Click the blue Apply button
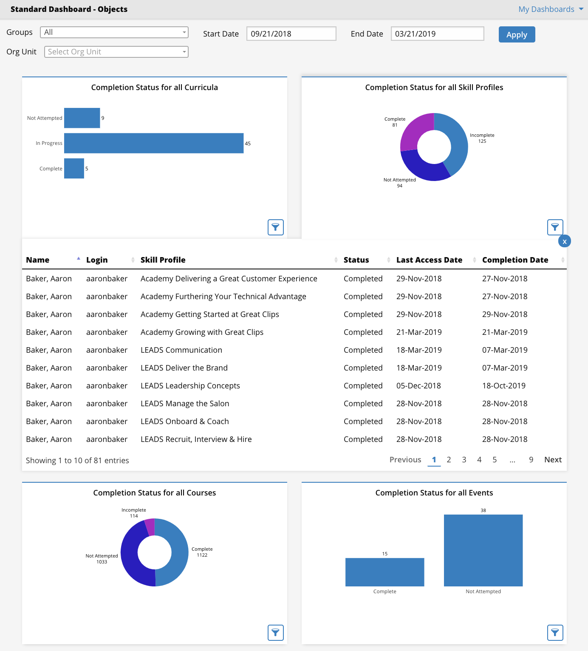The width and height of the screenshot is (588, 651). (x=517, y=34)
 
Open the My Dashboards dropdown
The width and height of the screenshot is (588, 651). (x=551, y=9)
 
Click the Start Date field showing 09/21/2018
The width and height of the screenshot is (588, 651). (x=291, y=34)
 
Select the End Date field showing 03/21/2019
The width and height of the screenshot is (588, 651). (x=437, y=34)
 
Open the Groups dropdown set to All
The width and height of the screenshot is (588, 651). (x=114, y=32)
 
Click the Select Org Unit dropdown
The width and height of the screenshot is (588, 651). (x=116, y=52)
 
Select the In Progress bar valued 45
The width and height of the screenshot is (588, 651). (x=154, y=143)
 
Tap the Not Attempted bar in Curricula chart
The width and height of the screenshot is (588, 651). (x=82, y=118)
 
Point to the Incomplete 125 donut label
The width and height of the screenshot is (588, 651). (x=482, y=138)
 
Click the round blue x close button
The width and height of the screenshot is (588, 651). (x=565, y=241)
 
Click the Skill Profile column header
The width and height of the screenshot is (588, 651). (x=163, y=260)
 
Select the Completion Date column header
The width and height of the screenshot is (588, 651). (x=515, y=260)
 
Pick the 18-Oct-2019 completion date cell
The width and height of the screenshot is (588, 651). (x=504, y=386)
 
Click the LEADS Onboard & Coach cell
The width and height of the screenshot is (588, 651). (x=185, y=422)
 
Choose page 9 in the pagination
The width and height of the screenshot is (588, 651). (x=531, y=460)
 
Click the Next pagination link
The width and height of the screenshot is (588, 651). (x=553, y=460)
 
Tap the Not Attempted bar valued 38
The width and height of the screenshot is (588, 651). (x=483, y=550)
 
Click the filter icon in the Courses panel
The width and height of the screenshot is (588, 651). (x=275, y=633)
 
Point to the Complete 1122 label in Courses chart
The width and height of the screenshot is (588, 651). (x=202, y=552)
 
